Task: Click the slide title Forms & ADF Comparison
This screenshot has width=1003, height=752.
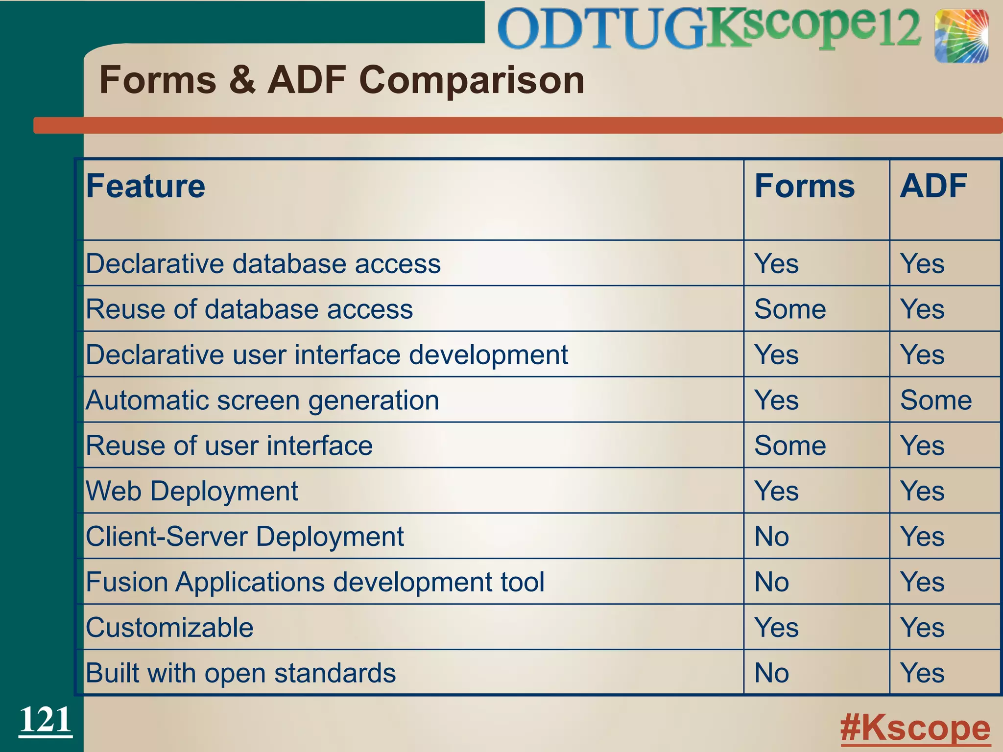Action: tap(342, 80)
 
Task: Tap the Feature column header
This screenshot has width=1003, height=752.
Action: tap(145, 187)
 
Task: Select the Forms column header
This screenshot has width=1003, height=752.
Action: tap(804, 187)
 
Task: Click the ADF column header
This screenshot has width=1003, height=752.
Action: tap(933, 187)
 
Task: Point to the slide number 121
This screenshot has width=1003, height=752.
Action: tap(45, 720)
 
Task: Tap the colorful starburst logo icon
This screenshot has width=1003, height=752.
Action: tap(961, 36)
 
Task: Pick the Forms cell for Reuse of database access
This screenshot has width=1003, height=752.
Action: tap(790, 309)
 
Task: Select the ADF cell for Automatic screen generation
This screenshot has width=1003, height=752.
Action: tap(935, 400)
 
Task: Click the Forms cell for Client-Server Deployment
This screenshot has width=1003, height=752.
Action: tap(772, 537)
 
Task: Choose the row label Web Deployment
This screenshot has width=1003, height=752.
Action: tap(192, 491)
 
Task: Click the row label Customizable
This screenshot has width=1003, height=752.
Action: tap(169, 628)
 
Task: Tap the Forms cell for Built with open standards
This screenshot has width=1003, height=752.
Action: tap(772, 673)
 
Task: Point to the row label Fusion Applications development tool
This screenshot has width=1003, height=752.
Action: tap(315, 582)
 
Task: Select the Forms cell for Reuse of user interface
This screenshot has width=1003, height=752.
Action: tap(790, 446)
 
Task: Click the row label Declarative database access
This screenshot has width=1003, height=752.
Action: tap(263, 264)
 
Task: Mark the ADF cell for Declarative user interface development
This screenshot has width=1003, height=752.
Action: tap(922, 355)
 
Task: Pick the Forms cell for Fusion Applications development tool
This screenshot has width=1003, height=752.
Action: tap(772, 582)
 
